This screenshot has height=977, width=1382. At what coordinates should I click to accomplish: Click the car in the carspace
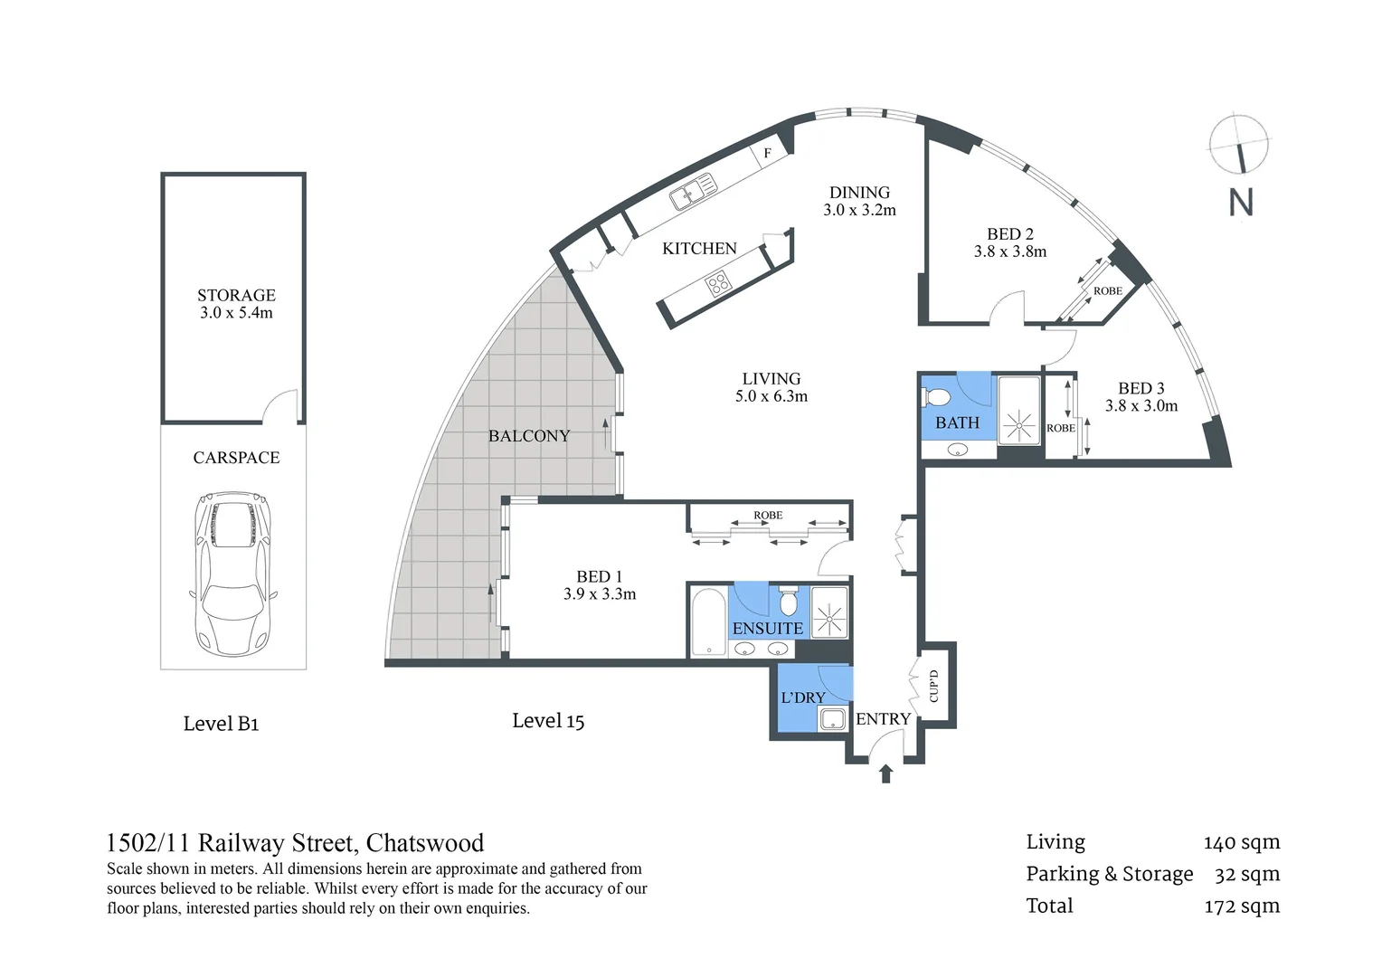(x=232, y=574)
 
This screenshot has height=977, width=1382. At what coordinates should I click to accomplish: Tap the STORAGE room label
(x=236, y=296)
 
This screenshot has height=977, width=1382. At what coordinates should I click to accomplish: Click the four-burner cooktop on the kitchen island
(x=719, y=286)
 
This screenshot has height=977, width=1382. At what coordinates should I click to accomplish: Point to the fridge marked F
(x=768, y=153)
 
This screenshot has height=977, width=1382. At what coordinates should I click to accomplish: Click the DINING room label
(x=859, y=193)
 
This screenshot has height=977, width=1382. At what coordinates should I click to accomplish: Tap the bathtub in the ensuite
(x=707, y=622)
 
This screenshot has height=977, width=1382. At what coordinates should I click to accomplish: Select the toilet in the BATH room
(x=938, y=397)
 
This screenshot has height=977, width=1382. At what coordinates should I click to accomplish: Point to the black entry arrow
(x=885, y=773)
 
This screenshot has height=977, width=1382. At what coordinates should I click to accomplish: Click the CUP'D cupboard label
(x=935, y=687)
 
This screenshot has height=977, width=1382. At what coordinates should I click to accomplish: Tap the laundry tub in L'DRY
(x=830, y=719)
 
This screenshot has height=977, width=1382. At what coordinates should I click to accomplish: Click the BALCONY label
(x=529, y=436)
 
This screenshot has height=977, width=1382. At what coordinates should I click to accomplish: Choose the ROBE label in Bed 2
(x=1107, y=291)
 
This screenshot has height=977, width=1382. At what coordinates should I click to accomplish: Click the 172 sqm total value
(x=1242, y=906)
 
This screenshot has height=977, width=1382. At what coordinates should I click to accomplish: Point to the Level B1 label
(x=221, y=724)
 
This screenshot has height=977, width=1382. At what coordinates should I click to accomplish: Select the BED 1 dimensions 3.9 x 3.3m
(x=599, y=594)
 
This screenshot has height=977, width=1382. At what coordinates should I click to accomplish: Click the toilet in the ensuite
(x=788, y=601)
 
